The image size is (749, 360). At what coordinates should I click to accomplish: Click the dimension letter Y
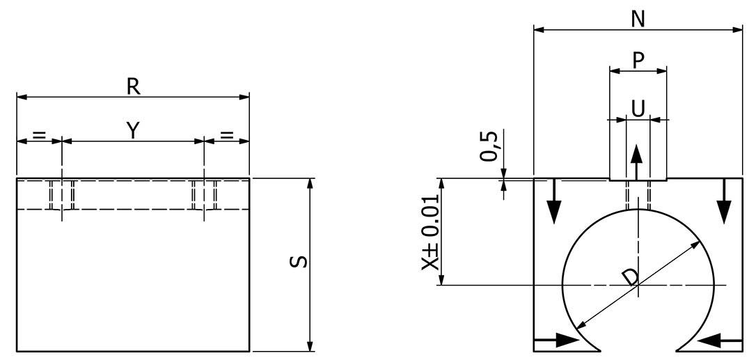point(132,130)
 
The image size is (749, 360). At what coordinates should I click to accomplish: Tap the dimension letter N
point(637,19)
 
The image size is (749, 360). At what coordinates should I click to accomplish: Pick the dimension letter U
point(638,107)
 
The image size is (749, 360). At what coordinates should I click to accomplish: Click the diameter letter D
point(630,277)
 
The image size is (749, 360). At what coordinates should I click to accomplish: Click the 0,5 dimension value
point(490,145)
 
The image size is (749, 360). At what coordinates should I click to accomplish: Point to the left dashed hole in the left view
point(62,194)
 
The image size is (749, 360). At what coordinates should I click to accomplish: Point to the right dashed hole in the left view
point(205,194)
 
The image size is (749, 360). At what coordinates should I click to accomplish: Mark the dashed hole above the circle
point(638,195)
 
